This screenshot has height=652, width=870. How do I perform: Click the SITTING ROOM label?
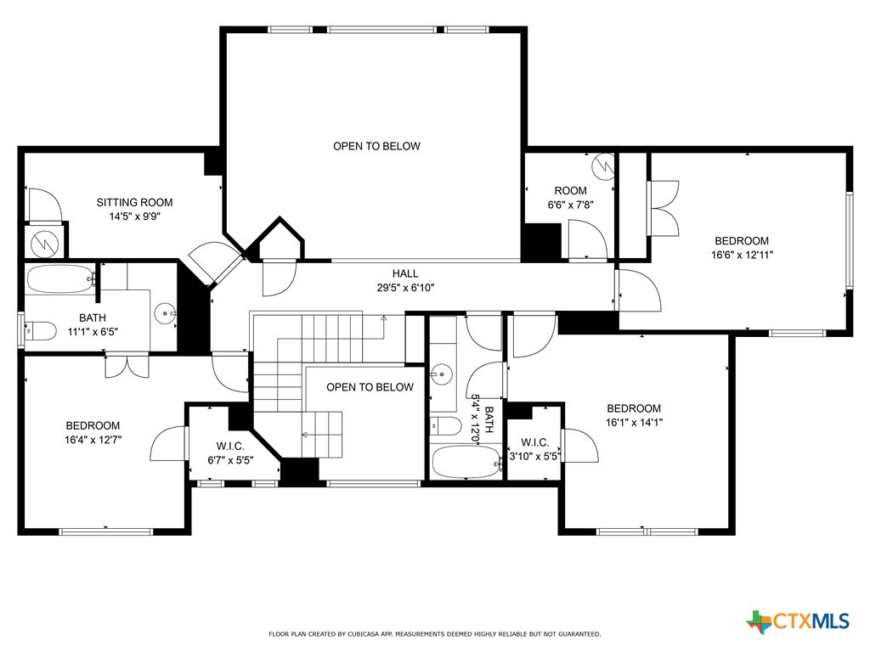click(134, 202)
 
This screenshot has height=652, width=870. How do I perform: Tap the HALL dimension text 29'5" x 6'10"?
click(405, 287)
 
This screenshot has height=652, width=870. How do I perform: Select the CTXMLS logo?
click(798, 621)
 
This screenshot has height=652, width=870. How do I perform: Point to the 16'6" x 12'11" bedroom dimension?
click(742, 254)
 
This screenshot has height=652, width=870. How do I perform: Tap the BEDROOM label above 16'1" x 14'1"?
click(633, 408)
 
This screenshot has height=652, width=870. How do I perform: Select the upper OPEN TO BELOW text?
click(376, 146)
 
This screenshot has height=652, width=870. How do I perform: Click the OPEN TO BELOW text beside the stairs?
click(370, 387)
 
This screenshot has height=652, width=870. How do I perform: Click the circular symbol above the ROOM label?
click(604, 165)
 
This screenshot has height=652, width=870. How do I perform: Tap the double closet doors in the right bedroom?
click(664, 209)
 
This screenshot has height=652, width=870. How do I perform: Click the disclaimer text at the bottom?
click(435, 634)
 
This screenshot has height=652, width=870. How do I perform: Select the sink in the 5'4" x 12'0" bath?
click(440, 373)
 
